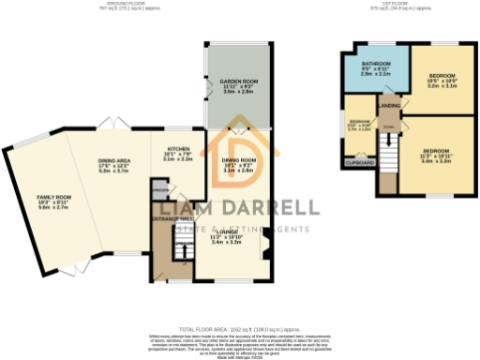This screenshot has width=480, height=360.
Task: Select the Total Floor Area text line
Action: click(239, 330)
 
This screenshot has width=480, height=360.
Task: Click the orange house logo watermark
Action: click(235, 155)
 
